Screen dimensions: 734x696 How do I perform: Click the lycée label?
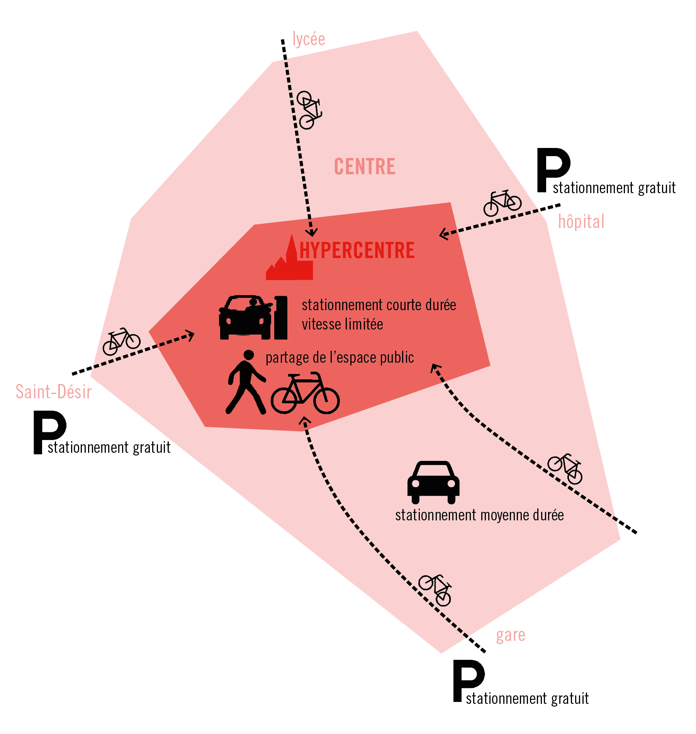click(x=309, y=39)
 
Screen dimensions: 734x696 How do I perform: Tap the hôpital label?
click(x=581, y=222)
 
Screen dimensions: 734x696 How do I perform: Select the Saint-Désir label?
click(x=53, y=392)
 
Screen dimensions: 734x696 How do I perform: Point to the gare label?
click(x=510, y=635)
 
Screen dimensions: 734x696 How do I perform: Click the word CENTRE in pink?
click(x=365, y=167)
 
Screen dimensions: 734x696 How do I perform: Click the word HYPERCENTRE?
click(x=357, y=250)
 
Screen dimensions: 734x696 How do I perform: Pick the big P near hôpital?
click(x=552, y=170)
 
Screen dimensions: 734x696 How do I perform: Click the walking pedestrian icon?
click(x=246, y=382)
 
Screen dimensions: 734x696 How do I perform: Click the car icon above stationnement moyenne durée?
click(x=433, y=482)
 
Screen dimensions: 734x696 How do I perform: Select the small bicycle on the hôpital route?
click(x=502, y=203)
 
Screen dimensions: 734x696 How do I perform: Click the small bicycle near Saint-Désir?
click(x=121, y=342)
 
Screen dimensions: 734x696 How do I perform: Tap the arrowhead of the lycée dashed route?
click(x=312, y=232)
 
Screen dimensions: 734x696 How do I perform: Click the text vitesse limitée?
click(x=342, y=325)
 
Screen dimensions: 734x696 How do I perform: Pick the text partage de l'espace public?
click(x=340, y=358)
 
